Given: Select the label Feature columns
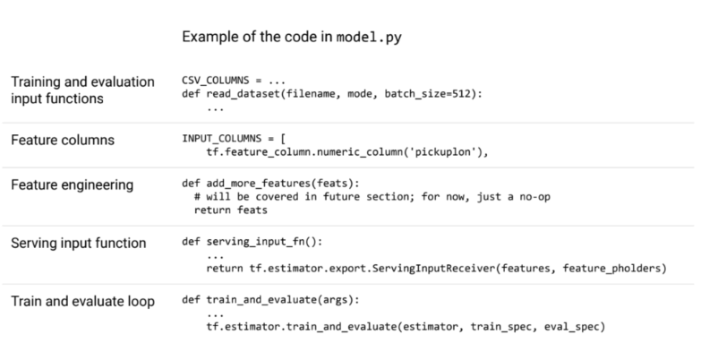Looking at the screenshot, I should (63, 141).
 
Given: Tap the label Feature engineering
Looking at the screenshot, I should (72, 185).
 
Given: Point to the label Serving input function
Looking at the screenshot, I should (79, 243).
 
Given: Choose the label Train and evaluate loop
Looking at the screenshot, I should (82, 301).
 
